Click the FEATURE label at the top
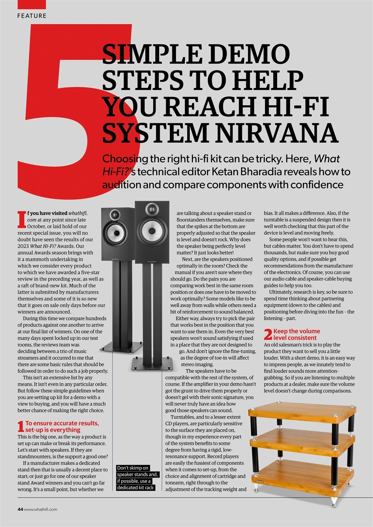32,16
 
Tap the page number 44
20,509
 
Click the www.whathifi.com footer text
41,509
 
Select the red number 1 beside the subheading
21,427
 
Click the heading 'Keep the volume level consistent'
296,334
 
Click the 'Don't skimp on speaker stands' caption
135,478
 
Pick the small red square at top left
32,4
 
